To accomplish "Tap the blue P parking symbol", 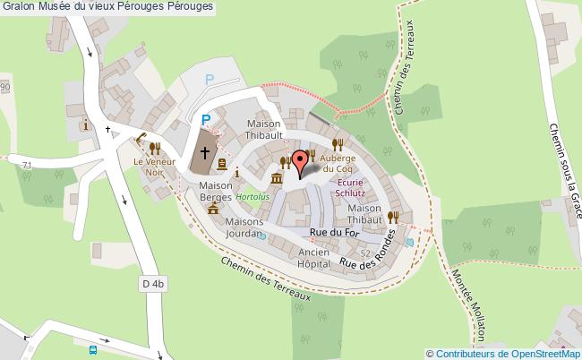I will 205,119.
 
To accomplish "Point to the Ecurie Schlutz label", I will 350,186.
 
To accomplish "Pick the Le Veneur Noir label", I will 151,167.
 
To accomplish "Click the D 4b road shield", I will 154,284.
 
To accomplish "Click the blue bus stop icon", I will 92,350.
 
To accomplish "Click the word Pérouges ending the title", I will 190,6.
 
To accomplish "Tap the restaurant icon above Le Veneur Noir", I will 155,148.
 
